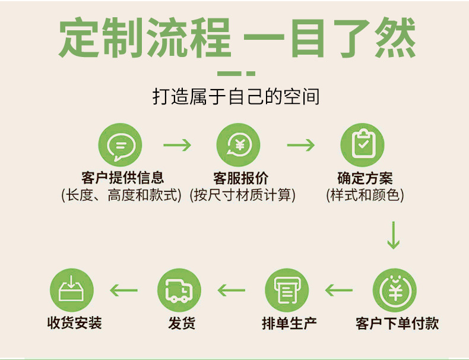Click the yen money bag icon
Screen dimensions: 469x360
(395, 291)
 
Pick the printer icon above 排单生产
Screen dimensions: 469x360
(287, 291)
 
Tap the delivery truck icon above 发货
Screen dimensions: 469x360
(179, 291)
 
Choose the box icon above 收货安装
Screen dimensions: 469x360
(72, 291)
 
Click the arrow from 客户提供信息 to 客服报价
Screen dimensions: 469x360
(177, 146)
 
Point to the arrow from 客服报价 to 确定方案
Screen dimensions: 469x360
(300, 146)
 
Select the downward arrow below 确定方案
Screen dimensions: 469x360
(393, 235)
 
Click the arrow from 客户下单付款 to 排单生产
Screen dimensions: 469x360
(339, 290)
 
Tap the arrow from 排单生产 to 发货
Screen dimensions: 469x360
(232, 290)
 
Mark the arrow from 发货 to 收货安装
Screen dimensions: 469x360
(124, 290)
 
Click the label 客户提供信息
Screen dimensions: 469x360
(122, 177)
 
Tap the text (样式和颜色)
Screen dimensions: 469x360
(365, 195)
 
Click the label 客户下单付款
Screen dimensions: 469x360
(397, 323)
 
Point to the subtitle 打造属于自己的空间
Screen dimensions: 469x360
(236, 96)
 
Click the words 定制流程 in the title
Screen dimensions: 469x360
(145, 39)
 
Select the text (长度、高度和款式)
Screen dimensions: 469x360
(121, 195)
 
